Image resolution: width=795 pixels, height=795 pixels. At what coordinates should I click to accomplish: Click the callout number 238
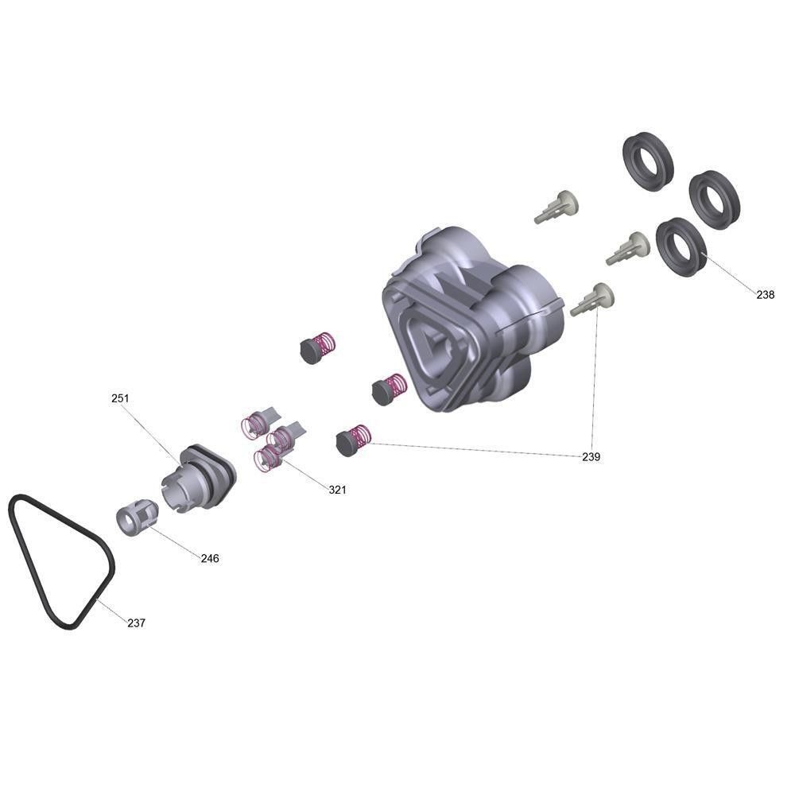pos(765,295)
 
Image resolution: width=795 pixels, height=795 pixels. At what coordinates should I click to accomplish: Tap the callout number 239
pos(591,457)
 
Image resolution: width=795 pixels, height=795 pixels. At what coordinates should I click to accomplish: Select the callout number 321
pos(337,490)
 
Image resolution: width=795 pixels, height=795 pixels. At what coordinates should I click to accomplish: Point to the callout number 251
pos(120,398)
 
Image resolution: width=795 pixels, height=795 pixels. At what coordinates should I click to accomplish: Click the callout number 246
pos(210,558)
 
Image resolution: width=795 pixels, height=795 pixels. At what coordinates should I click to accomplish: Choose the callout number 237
pos(137,623)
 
